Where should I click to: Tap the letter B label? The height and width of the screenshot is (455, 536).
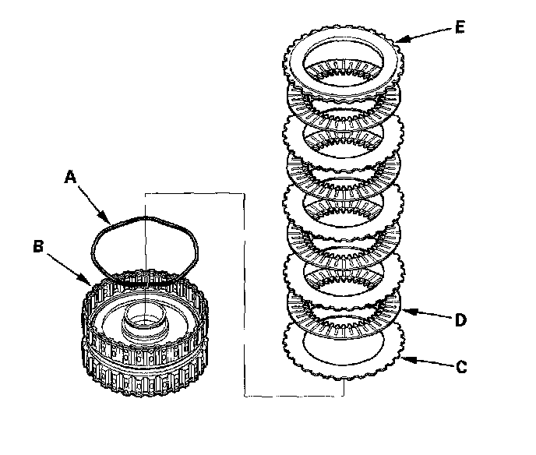(x=38, y=248)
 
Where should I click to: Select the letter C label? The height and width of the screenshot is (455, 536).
(x=461, y=366)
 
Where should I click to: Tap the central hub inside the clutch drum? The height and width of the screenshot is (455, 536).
(x=146, y=319)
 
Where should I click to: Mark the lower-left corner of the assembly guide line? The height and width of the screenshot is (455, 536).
(x=244, y=397)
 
